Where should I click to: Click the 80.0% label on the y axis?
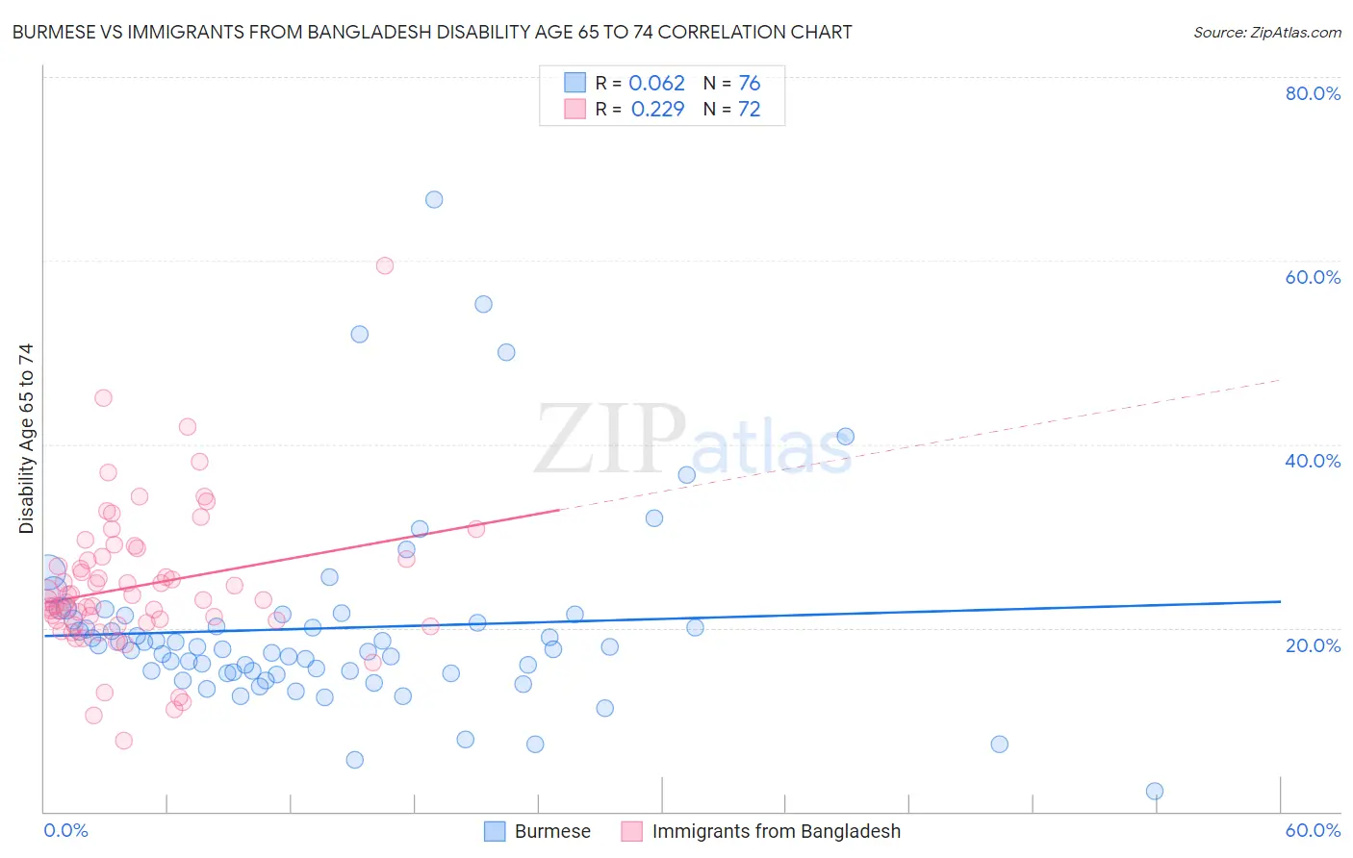(1312, 93)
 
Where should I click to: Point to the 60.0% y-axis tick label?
(1312, 277)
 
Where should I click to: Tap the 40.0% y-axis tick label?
(1312, 461)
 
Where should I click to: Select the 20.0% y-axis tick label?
(1312, 645)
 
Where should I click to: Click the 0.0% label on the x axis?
(65, 830)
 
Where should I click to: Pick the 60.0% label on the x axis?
(1312, 830)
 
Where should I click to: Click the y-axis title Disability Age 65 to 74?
(26, 439)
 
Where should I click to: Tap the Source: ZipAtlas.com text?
(1266, 33)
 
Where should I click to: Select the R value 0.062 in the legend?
(656, 84)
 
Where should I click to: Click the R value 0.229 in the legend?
(657, 110)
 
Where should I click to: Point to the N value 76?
(749, 84)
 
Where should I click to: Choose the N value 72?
(749, 110)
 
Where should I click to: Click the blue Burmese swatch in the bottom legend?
(495, 831)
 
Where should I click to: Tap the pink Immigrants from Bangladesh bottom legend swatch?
(631, 831)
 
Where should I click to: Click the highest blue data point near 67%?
(434, 200)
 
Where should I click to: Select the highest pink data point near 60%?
(385, 265)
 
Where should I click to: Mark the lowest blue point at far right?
(1155, 791)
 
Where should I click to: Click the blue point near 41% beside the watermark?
(845, 437)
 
